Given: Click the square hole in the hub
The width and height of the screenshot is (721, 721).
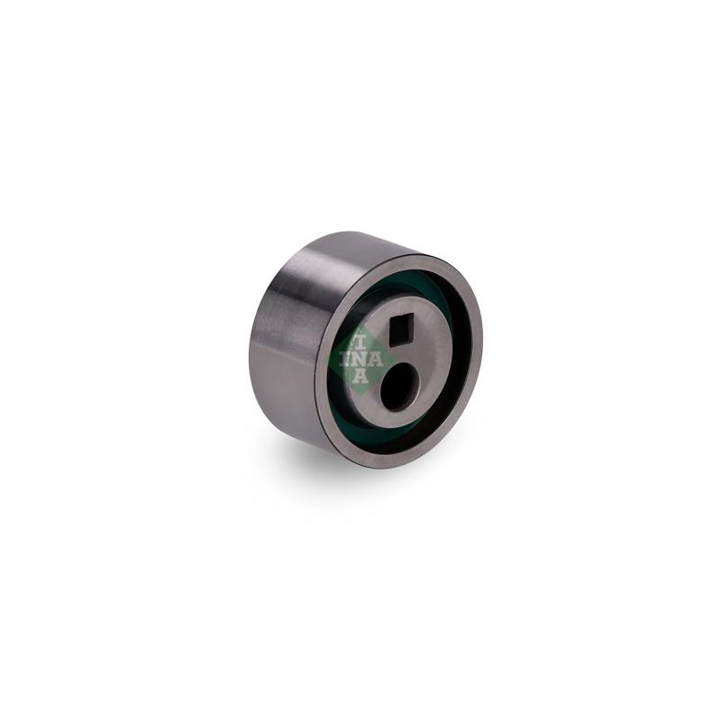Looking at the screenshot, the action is pyautogui.click(x=402, y=332).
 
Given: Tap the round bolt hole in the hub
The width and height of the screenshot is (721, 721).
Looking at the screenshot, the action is pyautogui.click(x=398, y=386).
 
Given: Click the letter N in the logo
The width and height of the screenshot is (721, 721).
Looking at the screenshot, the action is pyautogui.click(x=360, y=360).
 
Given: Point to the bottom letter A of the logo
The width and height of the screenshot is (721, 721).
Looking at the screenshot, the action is pyautogui.click(x=360, y=376).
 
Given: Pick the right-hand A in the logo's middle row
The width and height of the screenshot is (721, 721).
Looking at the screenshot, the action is pyautogui.click(x=375, y=360).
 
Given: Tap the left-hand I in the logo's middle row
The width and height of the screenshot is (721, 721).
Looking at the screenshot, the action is pyautogui.click(x=345, y=359).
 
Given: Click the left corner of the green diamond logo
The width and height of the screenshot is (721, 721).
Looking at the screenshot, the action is pyautogui.click(x=324, y=360).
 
